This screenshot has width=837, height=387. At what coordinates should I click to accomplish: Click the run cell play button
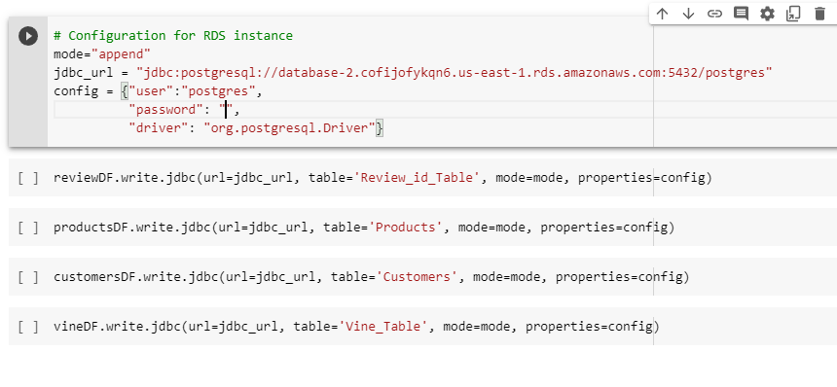[x=27, y=36]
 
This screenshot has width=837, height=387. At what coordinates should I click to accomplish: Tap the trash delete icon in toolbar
[x=819, y=14]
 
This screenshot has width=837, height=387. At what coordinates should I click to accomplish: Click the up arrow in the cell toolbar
[x=663, y=14]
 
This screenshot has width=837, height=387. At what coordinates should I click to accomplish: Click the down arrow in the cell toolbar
[x=688, y=14]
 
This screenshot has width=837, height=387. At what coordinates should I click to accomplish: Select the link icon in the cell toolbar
[x=714, y=14]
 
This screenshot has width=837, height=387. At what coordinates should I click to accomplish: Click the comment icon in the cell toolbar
[x=741, y=14]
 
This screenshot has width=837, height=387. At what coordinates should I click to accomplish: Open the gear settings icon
[x=767, y=14]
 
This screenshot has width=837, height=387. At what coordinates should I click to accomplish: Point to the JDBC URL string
[x=455, y=73]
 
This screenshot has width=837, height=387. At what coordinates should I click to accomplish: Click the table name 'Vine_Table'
[x=382, y=327]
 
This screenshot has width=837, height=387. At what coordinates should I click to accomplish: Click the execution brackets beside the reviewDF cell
[x=28, y=178]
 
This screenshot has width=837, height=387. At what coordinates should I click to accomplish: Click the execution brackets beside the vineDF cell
[x=28, y=327]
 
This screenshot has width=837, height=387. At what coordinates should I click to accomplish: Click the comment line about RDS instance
[x=173, y=36]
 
